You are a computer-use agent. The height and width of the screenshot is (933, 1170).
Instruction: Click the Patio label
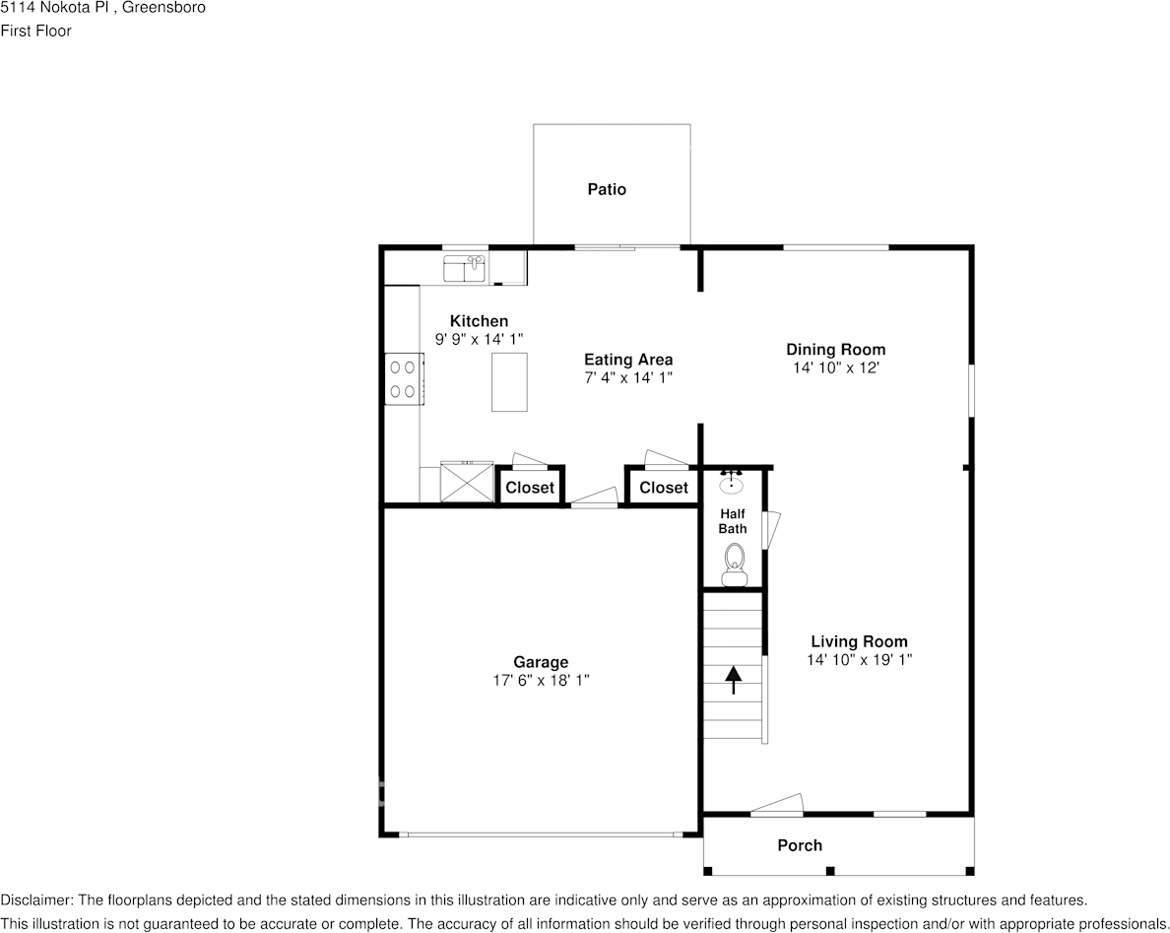(x=607, y=189)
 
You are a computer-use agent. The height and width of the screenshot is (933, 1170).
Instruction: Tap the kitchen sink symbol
(x=465, y=267)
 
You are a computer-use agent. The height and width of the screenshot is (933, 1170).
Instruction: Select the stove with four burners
(x=403, y=378)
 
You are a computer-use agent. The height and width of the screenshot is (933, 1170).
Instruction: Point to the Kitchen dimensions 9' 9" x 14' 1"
(x=479, y=339)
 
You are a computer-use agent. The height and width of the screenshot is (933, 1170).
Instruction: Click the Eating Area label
(x=628, y=360)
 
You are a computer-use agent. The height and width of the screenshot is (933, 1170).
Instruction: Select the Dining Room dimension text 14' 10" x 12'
(x=835, y=367)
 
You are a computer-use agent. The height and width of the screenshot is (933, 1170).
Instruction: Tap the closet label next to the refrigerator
(x=530, y=488)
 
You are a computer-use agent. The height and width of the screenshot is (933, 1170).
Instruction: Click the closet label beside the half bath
(x=664, y=488)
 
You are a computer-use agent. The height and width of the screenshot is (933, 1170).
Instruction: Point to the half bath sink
(x=732, y=484)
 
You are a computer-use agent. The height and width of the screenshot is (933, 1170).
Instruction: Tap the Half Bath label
(x=733, y=521)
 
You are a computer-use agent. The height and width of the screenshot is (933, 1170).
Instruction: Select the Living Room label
(x=859, y=641)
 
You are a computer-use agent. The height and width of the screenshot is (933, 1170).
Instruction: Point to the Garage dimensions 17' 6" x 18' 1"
(x=541, y=680)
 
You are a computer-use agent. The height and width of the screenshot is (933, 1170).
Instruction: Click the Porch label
(x=800, y=845)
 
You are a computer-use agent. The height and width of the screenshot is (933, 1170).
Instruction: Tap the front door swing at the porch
(x=778, y=805)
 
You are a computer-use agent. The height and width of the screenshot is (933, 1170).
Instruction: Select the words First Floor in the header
(x=35, y=31)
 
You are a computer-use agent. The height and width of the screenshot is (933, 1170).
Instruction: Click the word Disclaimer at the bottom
(x=35, y=900)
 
